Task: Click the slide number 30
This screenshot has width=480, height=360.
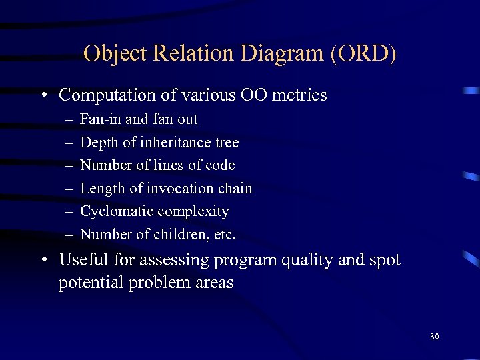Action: click(434, 337)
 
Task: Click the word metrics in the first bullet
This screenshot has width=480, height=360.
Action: click(300, 95)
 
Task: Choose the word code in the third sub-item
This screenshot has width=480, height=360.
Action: click(219, 165)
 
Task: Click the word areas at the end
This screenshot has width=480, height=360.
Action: click(215, 283)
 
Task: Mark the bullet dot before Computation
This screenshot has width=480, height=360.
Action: click(43, 96)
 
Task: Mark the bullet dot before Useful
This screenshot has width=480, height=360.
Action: click(43, 261)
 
